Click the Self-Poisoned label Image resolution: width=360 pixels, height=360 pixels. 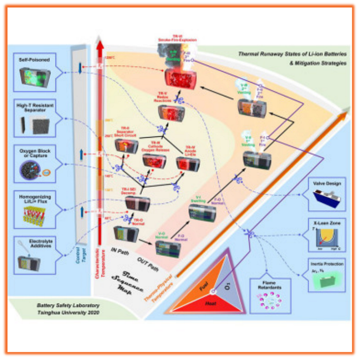tap(34, 60)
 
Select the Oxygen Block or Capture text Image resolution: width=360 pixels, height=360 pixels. tap(34, 151)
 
